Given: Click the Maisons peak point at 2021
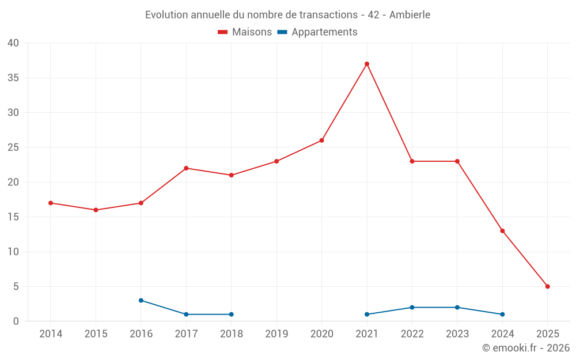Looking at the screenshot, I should (367, 64).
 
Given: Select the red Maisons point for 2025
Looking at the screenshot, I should (548, 286).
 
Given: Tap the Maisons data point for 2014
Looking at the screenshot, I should (51, 203).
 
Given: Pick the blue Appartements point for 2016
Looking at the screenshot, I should (141, 300).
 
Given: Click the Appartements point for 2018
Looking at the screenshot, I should (232, 314).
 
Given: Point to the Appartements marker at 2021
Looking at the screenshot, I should (367, 314).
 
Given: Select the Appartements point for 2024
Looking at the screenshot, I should (502, 314).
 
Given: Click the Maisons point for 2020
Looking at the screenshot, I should (322, 141).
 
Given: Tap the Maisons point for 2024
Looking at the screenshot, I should (502, 231).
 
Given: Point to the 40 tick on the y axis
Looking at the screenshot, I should (13, 43).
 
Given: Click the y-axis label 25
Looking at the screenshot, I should (13, 147).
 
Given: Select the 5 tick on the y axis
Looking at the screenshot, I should (16, 286).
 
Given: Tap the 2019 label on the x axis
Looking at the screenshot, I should (276, 334).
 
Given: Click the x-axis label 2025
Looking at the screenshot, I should (548, 334).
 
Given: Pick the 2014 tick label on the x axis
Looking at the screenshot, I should (51, 334).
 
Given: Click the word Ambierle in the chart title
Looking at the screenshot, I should (410, 15).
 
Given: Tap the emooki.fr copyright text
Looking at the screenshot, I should (526, 348).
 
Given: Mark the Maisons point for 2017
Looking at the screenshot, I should (186, 168).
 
